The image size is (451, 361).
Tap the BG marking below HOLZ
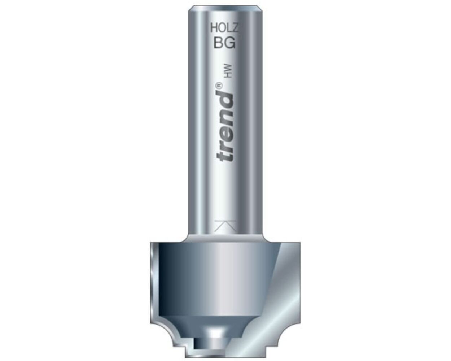coord(224,43)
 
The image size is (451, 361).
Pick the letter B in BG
coord(219,43)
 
